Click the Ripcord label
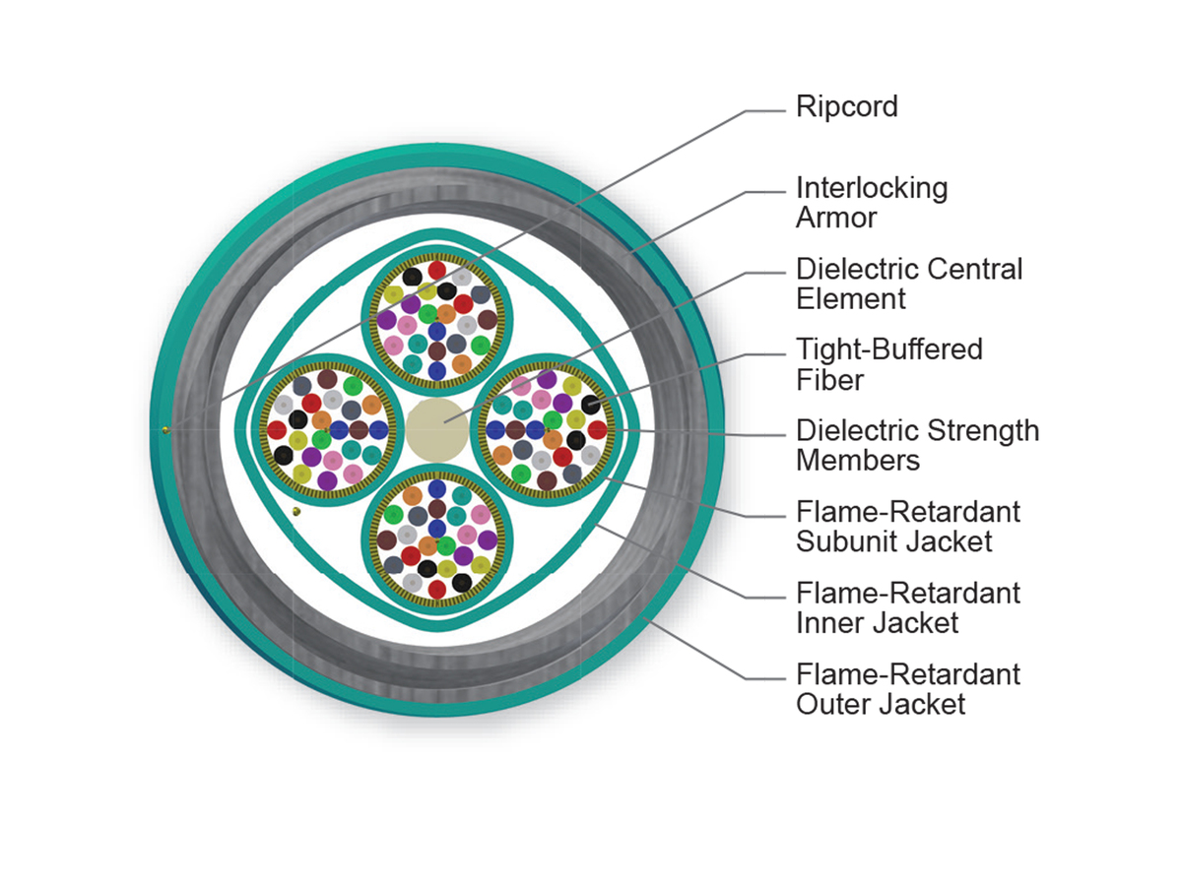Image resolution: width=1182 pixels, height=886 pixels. (x=846, y=106)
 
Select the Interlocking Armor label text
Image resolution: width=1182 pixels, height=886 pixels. (x=871, y=202)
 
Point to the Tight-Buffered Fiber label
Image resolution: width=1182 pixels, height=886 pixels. (x=888, y=364)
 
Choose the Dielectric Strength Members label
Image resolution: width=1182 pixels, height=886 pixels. (x=916, y=445)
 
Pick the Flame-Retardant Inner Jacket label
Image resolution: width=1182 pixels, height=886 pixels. (x=907, y=607)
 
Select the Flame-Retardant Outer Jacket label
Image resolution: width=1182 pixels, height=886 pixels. (x=907, y=689)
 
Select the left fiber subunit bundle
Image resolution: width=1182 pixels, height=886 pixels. (x=326, y=429)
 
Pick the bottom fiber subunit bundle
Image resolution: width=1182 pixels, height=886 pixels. (x=436, y=538)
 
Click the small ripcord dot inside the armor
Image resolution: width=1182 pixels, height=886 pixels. (x=297, y=510)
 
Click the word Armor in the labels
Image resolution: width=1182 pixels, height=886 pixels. (x=835, y=218)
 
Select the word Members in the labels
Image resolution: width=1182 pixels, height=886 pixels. (x=858, y=461)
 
